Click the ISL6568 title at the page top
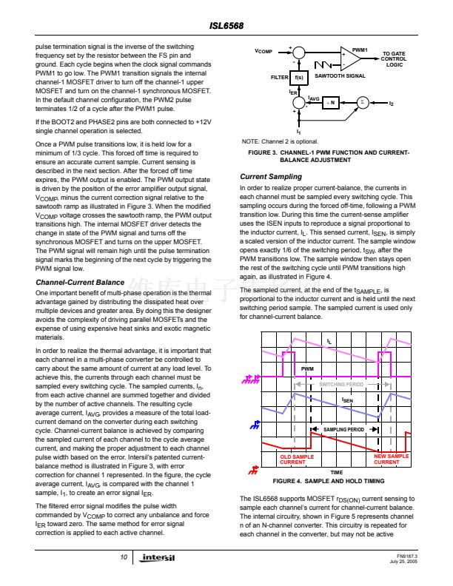coord(226,26)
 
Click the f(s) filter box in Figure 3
coord(298,77)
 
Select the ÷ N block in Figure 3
coord(332,102)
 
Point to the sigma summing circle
coord(363,102)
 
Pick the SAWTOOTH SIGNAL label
coord(340,76)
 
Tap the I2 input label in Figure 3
coord(391,102)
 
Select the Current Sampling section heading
coord(271,177)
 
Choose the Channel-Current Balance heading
coord(80,283)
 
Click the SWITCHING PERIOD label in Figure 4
coord(341,385)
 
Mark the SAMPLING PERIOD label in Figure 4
coord(343,429)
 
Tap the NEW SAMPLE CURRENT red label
coord(391,459)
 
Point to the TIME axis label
coord(336,472)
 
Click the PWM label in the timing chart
coord(308,368)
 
